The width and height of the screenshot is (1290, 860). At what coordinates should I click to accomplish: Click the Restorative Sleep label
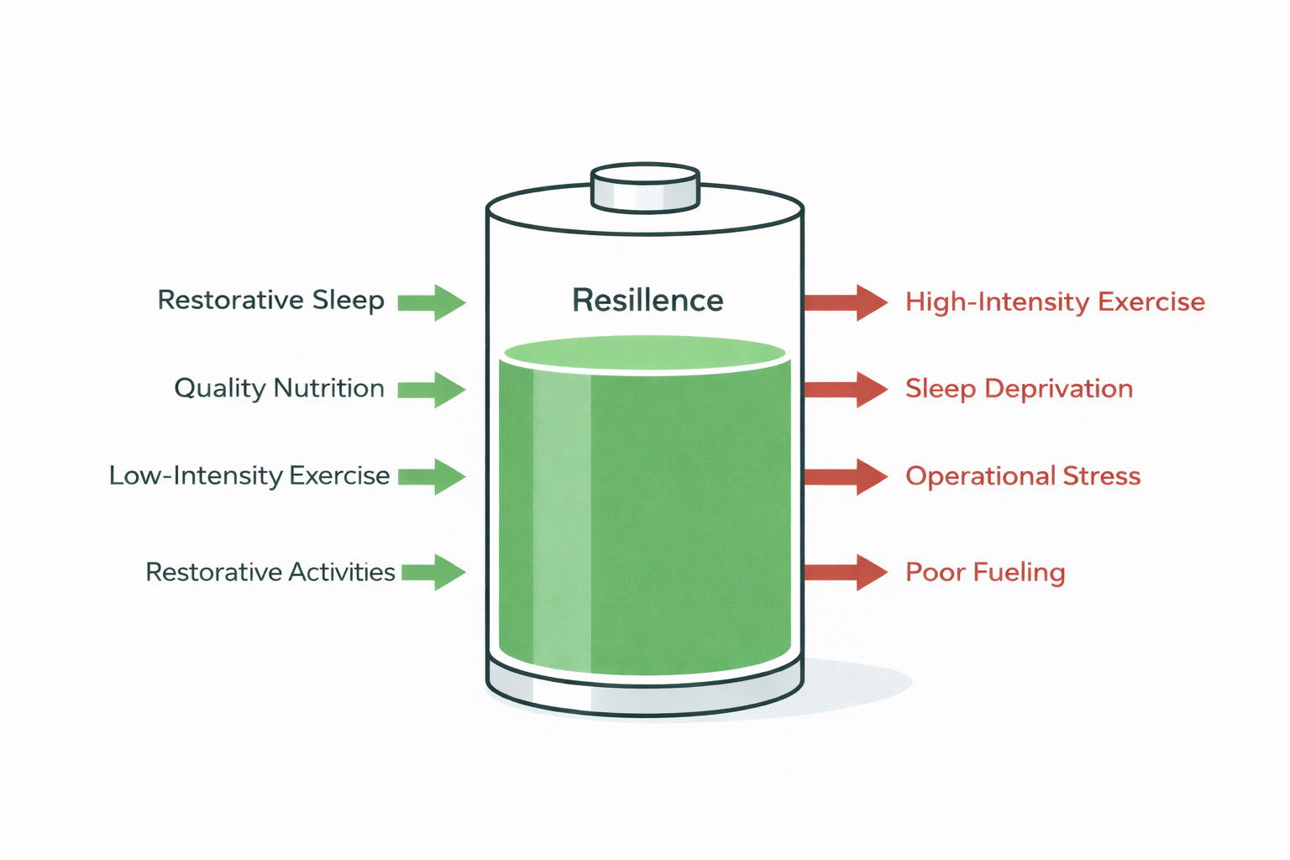[x=270, y=300]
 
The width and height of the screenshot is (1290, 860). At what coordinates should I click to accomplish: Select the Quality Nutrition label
[x=279, y=388]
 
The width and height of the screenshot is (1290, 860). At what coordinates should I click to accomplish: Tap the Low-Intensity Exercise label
[x=249, y=475]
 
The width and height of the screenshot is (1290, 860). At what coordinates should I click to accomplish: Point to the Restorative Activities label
[x=270, y=572]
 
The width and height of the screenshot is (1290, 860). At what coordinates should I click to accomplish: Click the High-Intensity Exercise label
[x=1055, y=302]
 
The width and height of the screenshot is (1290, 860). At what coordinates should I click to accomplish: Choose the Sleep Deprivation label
[x=1019, y=389]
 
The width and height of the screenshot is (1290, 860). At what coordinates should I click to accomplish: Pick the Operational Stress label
[x=1023, y=476]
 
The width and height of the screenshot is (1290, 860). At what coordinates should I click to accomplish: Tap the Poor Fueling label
[x=985, y=572]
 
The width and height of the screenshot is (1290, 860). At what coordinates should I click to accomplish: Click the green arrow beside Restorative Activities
[x=433, y=572]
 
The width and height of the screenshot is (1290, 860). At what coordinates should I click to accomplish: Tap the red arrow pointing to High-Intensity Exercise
[x=845, y=302]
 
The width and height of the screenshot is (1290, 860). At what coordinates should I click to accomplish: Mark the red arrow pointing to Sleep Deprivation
[x=845, y=390]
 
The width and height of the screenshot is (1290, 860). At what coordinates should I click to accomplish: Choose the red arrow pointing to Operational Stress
[x=845, y=476]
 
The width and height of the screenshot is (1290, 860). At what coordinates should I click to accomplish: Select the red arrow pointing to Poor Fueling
[x=845, y=572]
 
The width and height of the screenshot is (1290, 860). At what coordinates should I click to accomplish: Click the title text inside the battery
[x=648, y=301]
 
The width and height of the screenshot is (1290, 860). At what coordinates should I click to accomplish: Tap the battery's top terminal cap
[x=645, y=187]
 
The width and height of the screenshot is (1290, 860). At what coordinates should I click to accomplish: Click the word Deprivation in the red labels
[x=1058, y=389]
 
